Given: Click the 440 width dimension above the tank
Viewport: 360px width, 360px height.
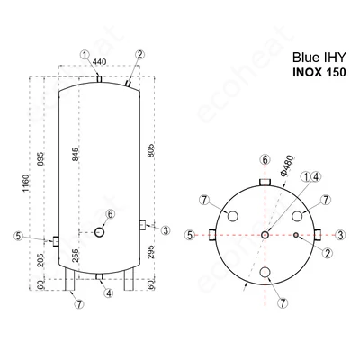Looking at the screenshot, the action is pos(99,62).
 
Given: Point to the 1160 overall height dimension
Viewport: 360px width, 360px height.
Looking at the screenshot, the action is pos(26,184).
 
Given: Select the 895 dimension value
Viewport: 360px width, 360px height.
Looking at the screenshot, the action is pos(40,158).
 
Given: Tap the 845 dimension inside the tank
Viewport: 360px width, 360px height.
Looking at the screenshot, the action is pos(75,154).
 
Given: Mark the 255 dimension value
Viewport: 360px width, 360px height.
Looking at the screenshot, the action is pos(75,256).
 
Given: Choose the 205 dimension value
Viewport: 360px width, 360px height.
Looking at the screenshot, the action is pos(40,260).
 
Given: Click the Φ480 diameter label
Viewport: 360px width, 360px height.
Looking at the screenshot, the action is pos(287,165).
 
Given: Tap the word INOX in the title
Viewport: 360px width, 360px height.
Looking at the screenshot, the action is pos(307,73).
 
